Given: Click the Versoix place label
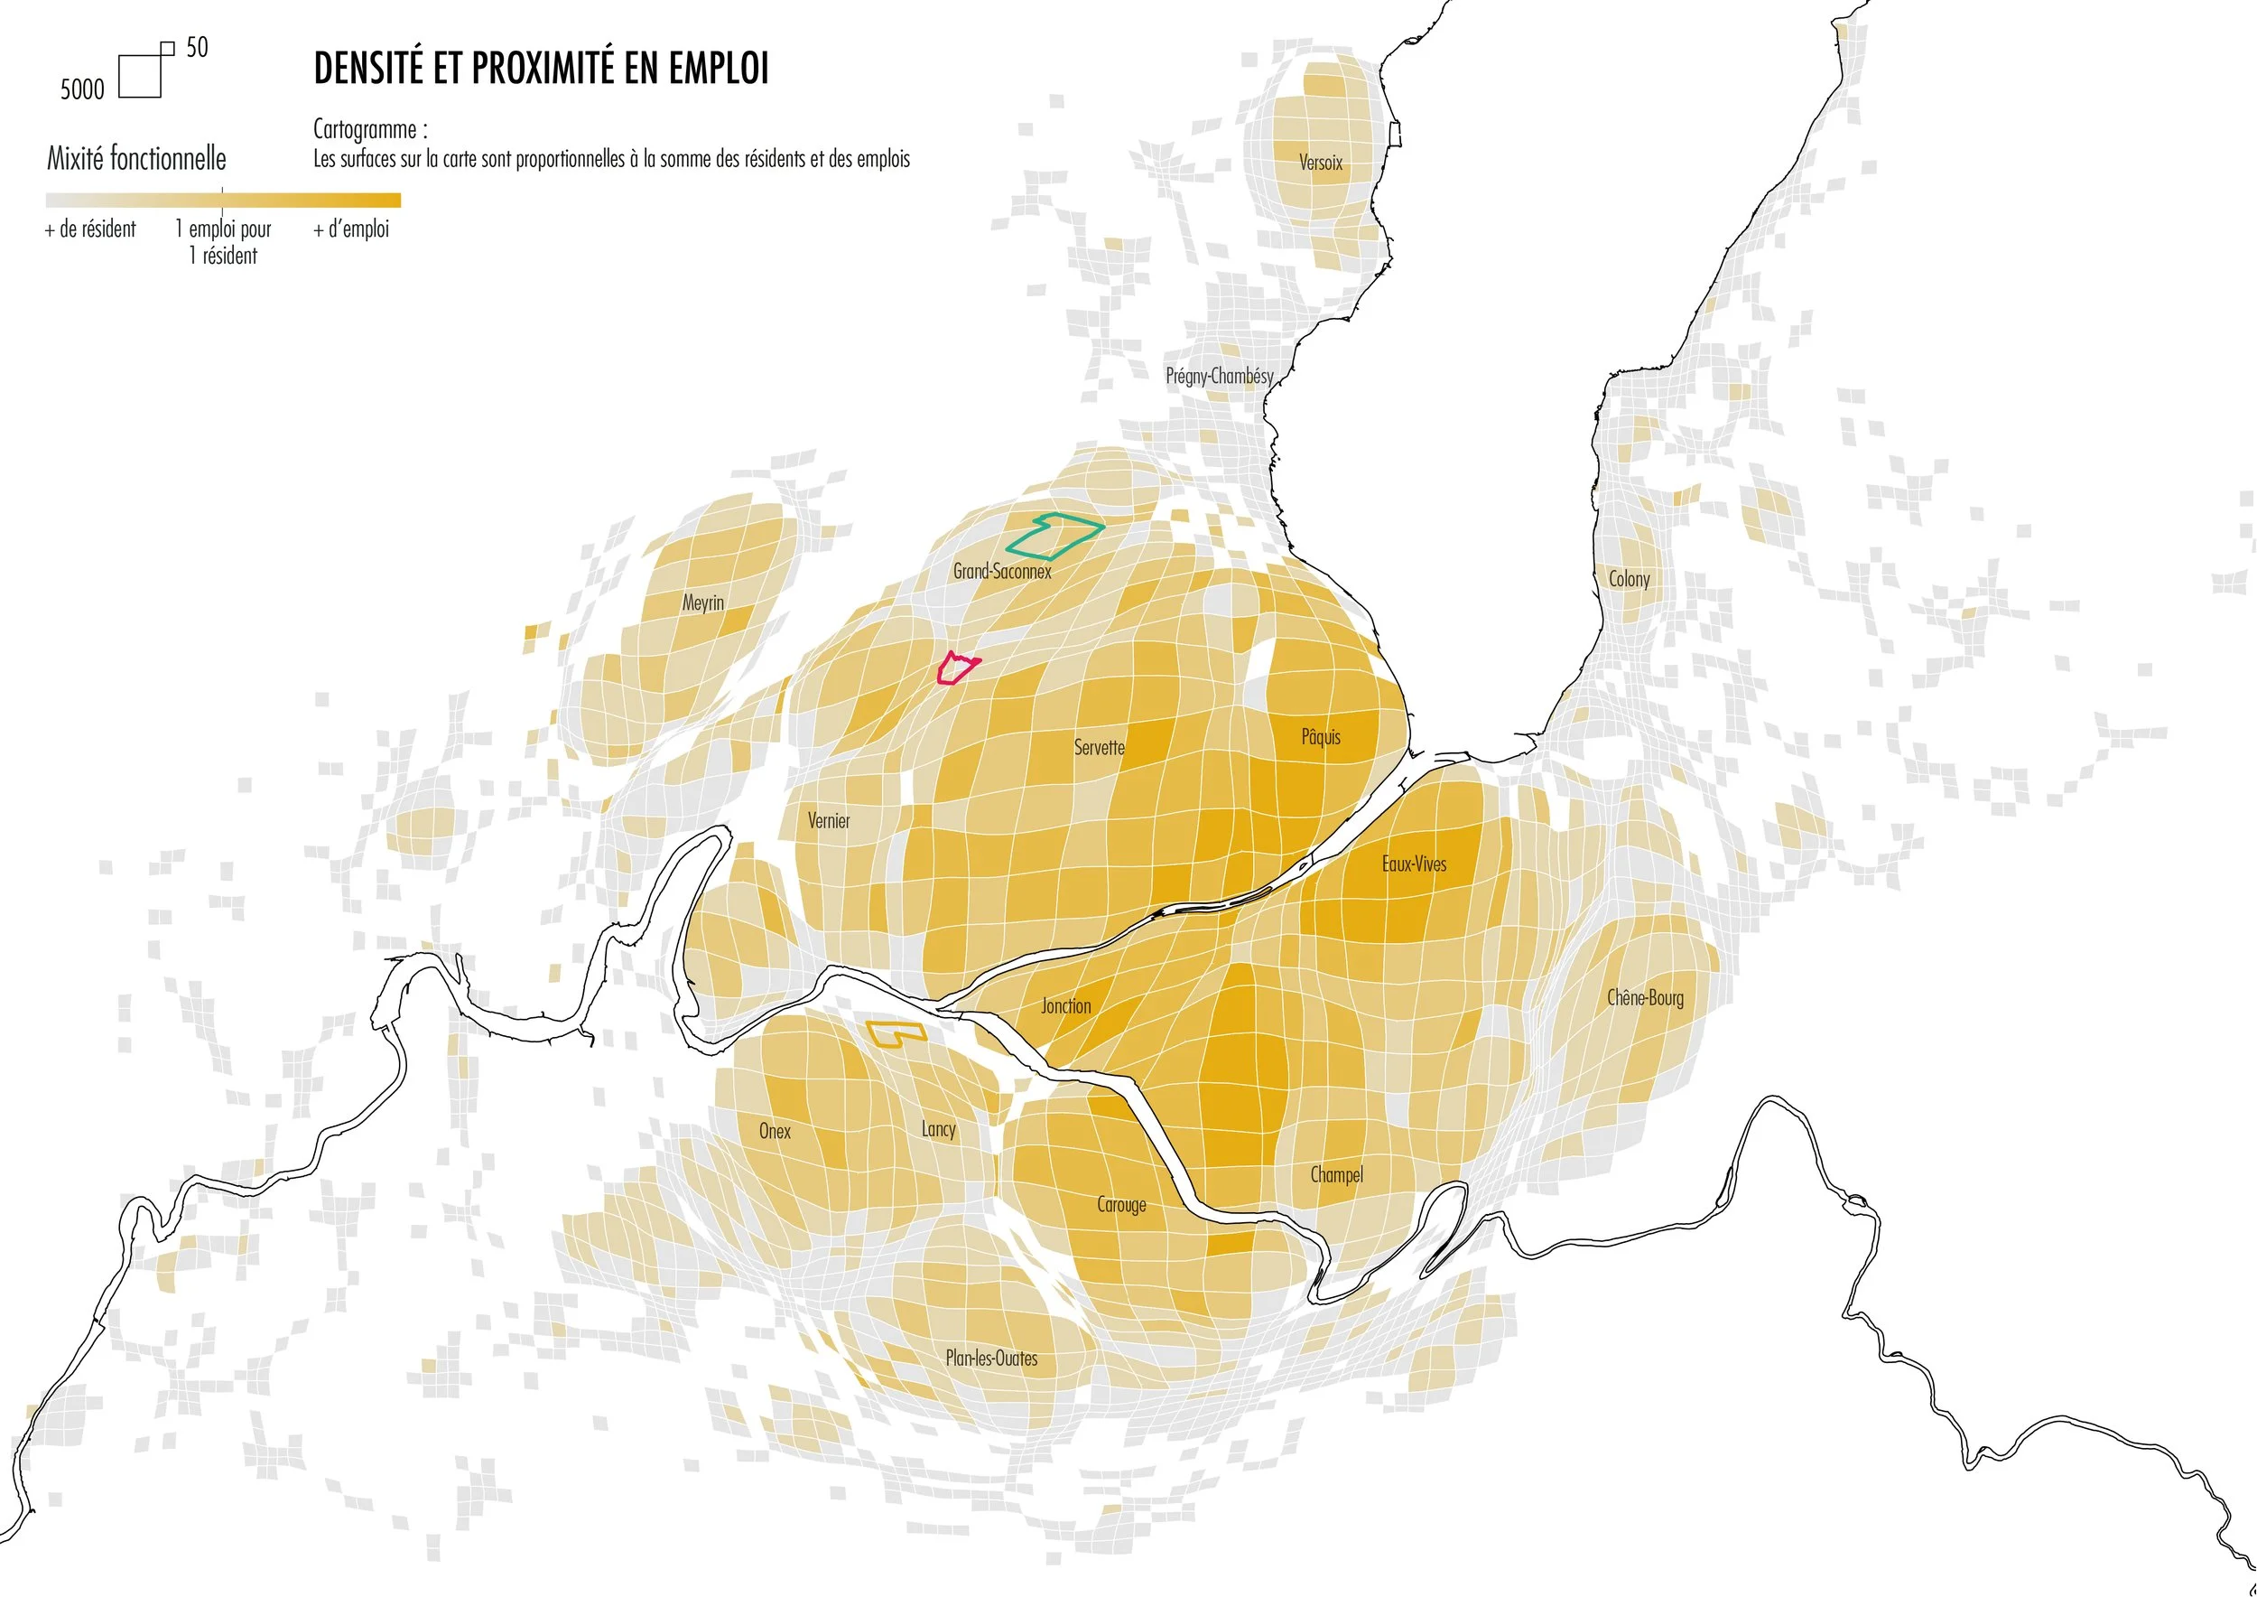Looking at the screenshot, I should tap(1320, 163).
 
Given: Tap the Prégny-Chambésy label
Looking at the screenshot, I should tap(1219, 376).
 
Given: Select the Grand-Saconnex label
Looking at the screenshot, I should tap(1002, 572).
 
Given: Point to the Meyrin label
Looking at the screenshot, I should tap(703, 602).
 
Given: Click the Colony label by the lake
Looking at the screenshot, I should tap(1629, 579).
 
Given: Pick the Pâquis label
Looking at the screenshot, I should tap(1320, 736).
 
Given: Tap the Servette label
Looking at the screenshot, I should tap(1099, 747).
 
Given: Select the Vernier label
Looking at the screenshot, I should tap(829, 820).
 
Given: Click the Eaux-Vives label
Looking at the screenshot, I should tap(1414, 864).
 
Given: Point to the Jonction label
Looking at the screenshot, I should tap(1065, 1006).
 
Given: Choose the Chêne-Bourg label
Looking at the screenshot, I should tap(1645, 998).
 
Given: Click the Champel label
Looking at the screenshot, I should tap(1336, 1175).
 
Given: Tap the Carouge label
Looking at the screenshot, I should tap(1121, 1205).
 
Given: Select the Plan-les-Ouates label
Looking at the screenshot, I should tap(991, 1358).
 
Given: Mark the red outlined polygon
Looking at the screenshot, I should tap(955, 668).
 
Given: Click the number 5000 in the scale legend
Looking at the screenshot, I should tap(81, 89).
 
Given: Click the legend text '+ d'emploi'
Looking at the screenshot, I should tap(351, 229).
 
